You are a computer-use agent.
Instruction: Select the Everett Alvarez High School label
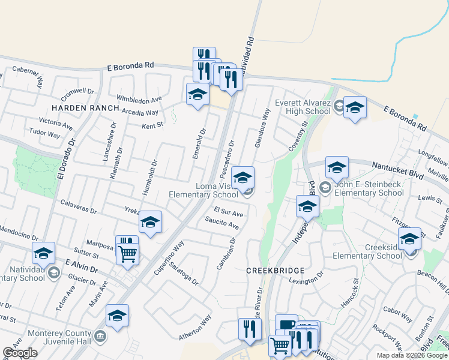(303, 107)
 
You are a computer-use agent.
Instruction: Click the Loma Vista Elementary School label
(203, 190)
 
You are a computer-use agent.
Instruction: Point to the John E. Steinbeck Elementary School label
(369, 189)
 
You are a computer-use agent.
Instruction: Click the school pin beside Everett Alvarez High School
(355, 108)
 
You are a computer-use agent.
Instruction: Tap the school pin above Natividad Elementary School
(43, 254)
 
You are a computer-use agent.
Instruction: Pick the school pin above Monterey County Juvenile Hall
(117, 316)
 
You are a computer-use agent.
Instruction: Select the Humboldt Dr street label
(149, 176)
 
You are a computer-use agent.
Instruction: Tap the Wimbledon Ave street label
(139, 99)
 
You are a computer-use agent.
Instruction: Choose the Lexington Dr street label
(306, 281)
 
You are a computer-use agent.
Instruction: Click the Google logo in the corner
(20, 353)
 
